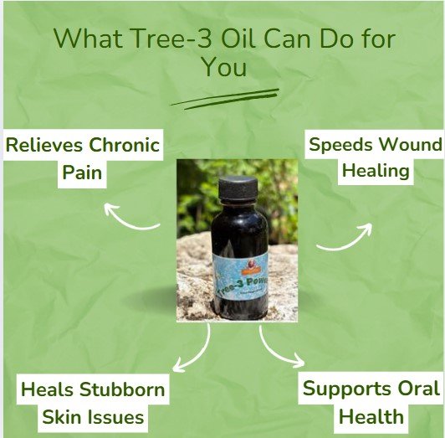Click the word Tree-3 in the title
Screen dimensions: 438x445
(160, 39)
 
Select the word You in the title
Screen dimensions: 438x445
(223, 68)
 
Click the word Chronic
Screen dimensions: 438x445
(125, 145)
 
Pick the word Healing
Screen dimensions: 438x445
(373, 171)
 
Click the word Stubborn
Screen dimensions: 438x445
(123, 389)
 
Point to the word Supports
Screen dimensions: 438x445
(348, 389)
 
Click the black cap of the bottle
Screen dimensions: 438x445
(237, 190)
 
